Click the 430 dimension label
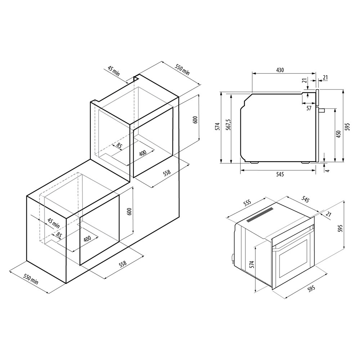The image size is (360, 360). click(280, 70)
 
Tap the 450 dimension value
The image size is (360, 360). click(338, 134)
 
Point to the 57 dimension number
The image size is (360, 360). click(309, 108)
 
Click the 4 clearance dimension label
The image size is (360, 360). click(328, 171)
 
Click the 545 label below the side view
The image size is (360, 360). click(280, 175)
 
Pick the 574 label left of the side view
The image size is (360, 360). click(217, 127)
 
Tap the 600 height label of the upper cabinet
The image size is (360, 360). click(195, 120)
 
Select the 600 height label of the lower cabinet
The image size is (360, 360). click(129, 211)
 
